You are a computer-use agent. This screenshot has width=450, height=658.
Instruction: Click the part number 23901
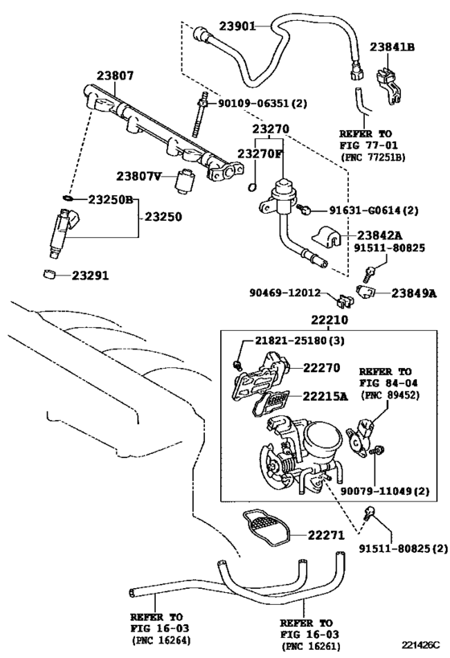click(237, 26)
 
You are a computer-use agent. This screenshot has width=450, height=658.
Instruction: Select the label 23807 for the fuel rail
click(116, 76)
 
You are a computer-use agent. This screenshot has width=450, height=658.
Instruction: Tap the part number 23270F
click(259, 153)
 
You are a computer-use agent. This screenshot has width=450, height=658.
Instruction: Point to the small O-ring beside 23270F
click(252, 186)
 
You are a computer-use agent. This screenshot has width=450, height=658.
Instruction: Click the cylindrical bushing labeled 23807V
click(183, 181)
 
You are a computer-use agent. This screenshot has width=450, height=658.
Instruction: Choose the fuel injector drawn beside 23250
click(63, 233)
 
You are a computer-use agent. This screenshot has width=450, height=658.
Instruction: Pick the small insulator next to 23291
click(50, 275)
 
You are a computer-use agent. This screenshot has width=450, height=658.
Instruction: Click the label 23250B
click(110, 200)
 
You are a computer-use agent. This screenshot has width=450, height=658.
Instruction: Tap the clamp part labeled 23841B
click(387, 85)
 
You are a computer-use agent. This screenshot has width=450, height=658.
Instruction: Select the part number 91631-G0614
click(358, 210)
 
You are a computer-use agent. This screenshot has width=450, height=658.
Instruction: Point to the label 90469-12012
click(285, 292)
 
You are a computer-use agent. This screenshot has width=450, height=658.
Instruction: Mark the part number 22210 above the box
click(329, 320)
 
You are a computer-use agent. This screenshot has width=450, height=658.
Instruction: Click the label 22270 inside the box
click(321, 368)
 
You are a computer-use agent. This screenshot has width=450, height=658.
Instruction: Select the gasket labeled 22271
click(266, 528)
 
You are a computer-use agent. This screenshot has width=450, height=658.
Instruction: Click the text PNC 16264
click(162, 640)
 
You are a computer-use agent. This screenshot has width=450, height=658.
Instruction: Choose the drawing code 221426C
click(419, 645)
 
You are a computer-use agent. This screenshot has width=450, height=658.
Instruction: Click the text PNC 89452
click(390, 395)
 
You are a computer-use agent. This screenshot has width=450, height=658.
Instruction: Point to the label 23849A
click(414, 293)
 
